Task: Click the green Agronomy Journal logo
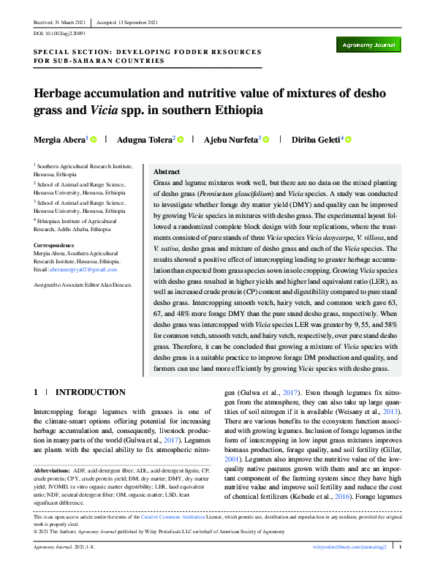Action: [371, 45]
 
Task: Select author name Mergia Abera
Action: [60, 139]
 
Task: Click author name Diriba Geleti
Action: [317, 139]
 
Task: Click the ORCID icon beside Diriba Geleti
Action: [349, 139]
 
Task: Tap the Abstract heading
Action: [167, 169]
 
